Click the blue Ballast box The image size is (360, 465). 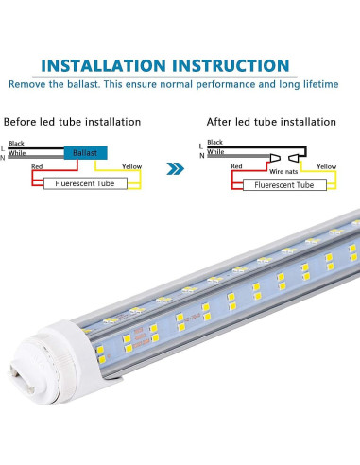[x=84, y=151]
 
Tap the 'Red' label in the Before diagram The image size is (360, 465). [x=37, y=166]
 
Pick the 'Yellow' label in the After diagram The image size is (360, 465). [x=326, y=166]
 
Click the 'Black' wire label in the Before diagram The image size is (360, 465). [x=17, y=142]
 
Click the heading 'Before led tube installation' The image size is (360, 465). [x=72, y=122]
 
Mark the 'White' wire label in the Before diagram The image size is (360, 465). [x=17, y=150]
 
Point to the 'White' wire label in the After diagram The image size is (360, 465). [x=215, y=151]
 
